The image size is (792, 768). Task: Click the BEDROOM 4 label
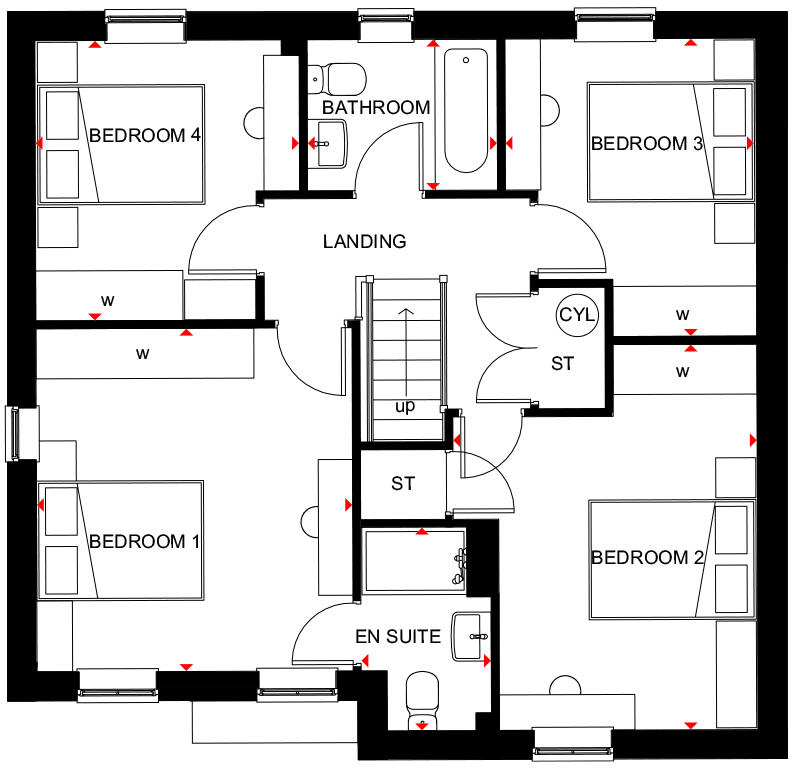(145, 136)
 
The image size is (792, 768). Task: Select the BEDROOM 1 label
(145, 542)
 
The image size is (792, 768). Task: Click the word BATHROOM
(376, 107)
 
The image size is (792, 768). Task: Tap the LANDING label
(364, 241)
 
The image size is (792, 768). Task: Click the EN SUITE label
(398, 636)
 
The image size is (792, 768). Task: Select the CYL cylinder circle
(577, 314)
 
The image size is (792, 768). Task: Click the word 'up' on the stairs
(405, 407)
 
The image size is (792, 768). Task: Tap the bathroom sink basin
(327, 144)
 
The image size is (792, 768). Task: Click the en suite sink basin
(470, 636)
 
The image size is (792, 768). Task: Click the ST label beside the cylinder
(563, 364)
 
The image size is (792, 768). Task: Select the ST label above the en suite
(403, 484)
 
